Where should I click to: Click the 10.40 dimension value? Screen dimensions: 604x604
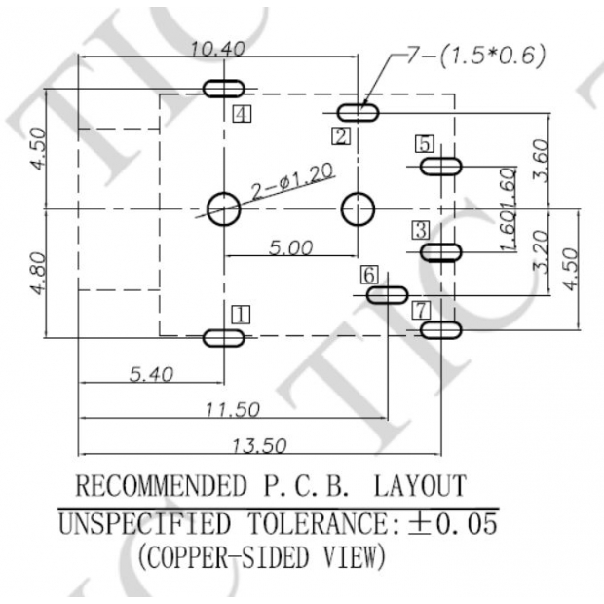point(218,48)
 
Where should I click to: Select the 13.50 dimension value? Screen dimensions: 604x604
point(259,445)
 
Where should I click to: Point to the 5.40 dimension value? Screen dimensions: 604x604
point(148,373)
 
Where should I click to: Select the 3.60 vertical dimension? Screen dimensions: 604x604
point(542,160)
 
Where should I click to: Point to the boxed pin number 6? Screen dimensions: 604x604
point(369,275)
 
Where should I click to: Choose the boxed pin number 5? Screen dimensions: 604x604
point(424,144)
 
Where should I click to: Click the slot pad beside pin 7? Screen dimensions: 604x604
point(440,330)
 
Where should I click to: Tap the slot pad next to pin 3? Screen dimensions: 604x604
point(440,252)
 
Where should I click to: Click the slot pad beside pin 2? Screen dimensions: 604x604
point(358,113)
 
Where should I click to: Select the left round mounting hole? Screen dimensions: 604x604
point(223,208)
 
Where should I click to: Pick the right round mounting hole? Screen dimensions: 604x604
point(358,208)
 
